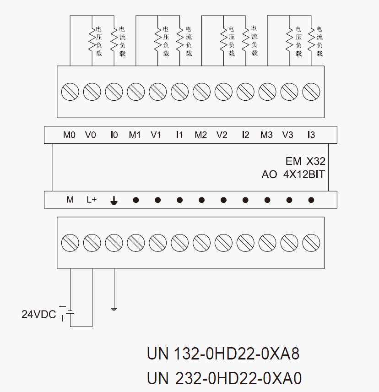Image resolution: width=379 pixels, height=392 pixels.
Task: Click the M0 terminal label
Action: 69,135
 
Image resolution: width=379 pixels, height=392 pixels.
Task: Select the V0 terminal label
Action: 91,135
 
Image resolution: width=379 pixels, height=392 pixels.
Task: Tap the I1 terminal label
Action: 179,135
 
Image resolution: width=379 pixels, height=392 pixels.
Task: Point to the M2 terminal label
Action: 200,135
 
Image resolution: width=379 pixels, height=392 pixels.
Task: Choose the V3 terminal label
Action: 287,135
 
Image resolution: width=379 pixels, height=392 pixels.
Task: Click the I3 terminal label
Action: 311,135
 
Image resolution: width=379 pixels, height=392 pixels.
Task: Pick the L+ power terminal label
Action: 92,200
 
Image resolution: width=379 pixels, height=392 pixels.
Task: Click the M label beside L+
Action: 70,200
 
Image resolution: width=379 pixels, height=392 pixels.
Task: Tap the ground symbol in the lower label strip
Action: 114,200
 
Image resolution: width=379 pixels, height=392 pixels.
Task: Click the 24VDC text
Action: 38,315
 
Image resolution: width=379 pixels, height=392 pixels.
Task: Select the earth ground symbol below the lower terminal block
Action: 114,310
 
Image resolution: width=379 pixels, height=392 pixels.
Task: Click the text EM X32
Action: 305,161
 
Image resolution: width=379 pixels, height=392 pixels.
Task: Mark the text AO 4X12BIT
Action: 293,174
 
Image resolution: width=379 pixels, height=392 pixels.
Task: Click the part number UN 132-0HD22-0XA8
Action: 223,354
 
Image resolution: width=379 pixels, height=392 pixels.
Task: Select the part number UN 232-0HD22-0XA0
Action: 224,378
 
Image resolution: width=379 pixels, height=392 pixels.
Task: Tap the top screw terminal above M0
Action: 70,92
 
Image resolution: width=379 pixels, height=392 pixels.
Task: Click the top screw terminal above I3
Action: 311,92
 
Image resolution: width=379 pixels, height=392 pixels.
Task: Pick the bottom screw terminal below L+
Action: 92,242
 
